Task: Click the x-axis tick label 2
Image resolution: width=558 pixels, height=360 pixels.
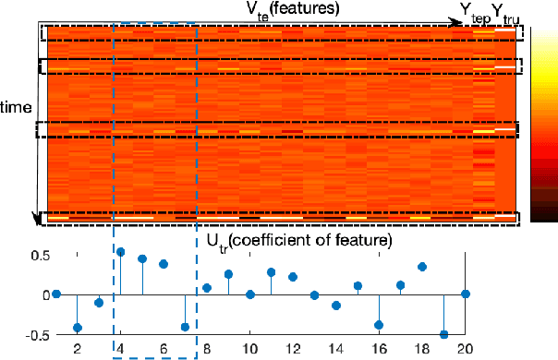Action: click(x=77, y=349)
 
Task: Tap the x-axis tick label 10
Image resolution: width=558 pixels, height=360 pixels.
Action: click(x=249, y=349)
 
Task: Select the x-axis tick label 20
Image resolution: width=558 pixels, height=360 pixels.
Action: click(x=466, y=349)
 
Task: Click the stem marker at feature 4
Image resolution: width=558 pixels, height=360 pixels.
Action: click(x=120, y=251)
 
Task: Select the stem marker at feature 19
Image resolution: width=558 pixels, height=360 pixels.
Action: click(x=444, y=334)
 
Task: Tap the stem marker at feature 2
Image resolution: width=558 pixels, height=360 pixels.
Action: click(x=78, y=328)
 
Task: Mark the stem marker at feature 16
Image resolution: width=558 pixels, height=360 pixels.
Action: click(x=379, y=325)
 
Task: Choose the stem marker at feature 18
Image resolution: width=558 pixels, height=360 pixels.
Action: click(x=422, y=267)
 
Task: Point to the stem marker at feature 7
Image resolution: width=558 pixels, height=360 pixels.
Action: click(x=185, y=327)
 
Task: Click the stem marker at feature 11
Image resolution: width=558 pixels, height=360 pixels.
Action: click(x=272, y=272)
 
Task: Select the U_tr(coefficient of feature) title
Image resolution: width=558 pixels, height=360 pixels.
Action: click(x=297, y=240)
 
